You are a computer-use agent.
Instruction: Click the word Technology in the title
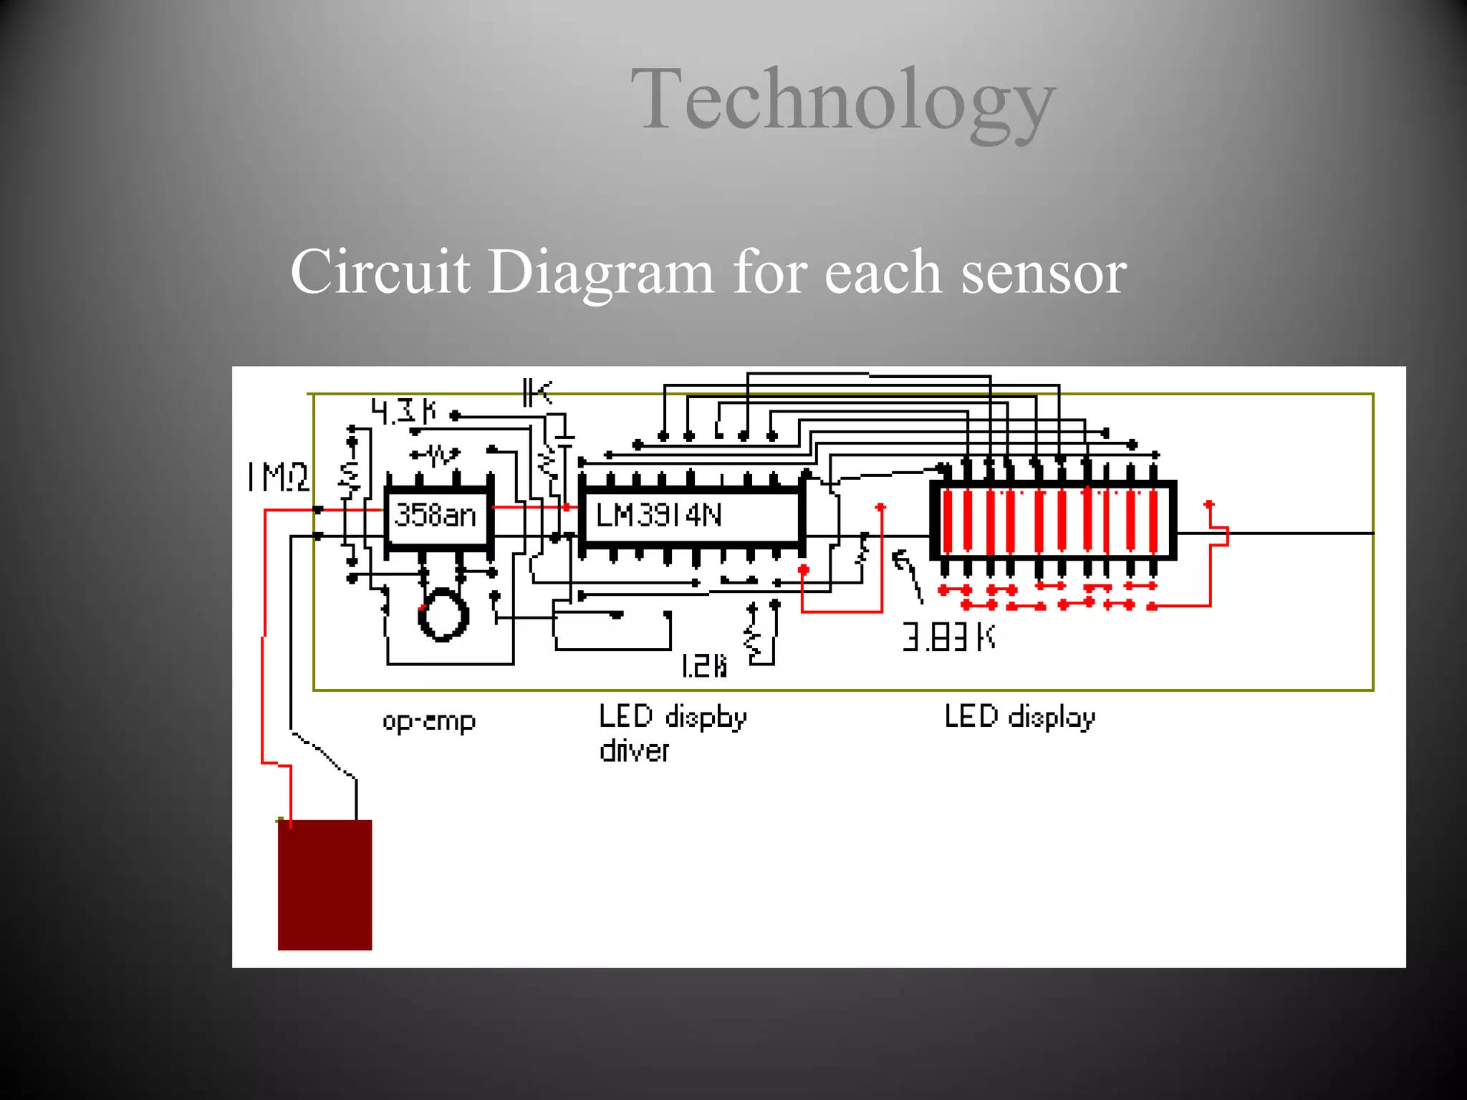(842, 100)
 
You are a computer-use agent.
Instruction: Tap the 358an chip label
(436, 515)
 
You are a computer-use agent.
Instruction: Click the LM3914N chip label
(658, 515)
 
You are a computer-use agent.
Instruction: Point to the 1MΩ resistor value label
(278, 477)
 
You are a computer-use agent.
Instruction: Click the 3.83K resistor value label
(948, 637)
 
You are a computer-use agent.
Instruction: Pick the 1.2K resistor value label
(704, 666)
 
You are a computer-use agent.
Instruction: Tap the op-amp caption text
(428, 720)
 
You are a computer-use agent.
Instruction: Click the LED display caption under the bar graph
(1019, 717)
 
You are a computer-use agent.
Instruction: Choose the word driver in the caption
(634, 751)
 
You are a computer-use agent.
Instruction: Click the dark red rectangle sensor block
(324, 885)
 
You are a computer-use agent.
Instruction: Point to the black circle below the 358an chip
(443, 614)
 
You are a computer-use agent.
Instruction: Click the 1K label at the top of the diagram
(537, 392)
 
